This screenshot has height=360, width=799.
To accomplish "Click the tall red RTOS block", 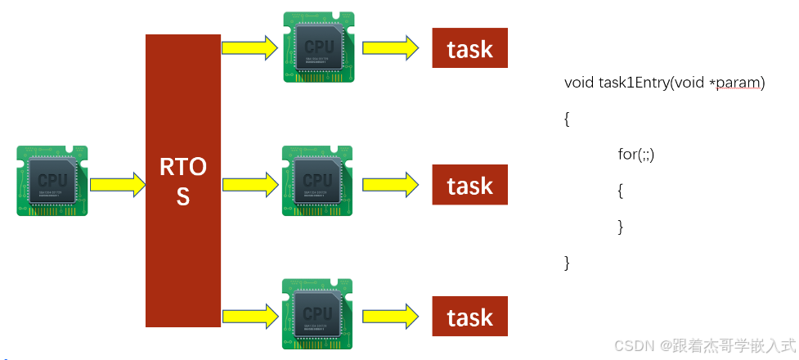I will click(183, 180).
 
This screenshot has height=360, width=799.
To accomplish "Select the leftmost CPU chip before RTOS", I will click(52, 181).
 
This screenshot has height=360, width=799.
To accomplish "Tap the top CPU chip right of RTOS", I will click(318, 47).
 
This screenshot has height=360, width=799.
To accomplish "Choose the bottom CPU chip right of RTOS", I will click(317, 314).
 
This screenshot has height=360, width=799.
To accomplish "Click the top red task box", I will click(470, 48).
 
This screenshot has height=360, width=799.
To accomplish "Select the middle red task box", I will click(470, 185).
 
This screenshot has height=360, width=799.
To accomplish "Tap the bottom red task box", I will click(470, 317).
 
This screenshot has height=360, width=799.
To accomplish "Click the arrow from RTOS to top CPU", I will click(249, 48).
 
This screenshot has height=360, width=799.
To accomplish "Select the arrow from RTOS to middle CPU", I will click(249, 185).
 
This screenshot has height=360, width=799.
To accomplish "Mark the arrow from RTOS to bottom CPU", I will click(249, 316).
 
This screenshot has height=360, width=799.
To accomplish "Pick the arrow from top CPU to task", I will click(392, 48).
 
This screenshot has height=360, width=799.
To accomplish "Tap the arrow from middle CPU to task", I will click(392, 185).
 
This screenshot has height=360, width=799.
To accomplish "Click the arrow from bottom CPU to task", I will click(392, 316).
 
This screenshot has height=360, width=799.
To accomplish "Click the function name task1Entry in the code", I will click(631, 83).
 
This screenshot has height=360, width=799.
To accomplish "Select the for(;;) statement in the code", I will click(636, 154).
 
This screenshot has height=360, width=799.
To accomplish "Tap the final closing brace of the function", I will click(567, 263).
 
